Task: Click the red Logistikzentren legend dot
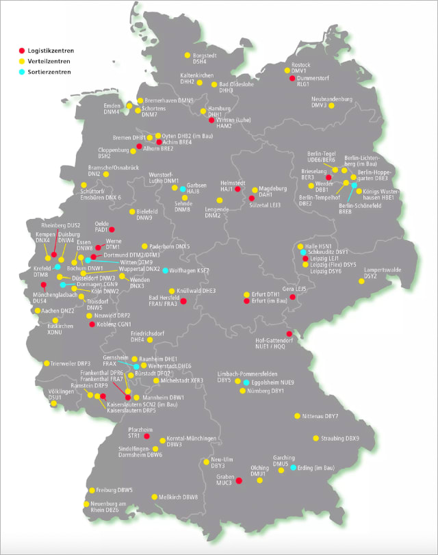(x=21, y=51)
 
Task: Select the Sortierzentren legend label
(x=50, y=71)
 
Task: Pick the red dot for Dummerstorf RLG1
(x=292, y=78)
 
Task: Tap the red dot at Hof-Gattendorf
(x=289, y=333)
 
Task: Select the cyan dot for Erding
(x=293, y=468)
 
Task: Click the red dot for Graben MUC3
(x=239, y=481)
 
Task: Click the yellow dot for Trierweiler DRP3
(x=47, y=363)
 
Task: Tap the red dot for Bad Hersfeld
(x=183, y=300)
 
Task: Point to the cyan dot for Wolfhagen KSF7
(x=164, y=271)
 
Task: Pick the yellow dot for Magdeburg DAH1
(x=254, y=190)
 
